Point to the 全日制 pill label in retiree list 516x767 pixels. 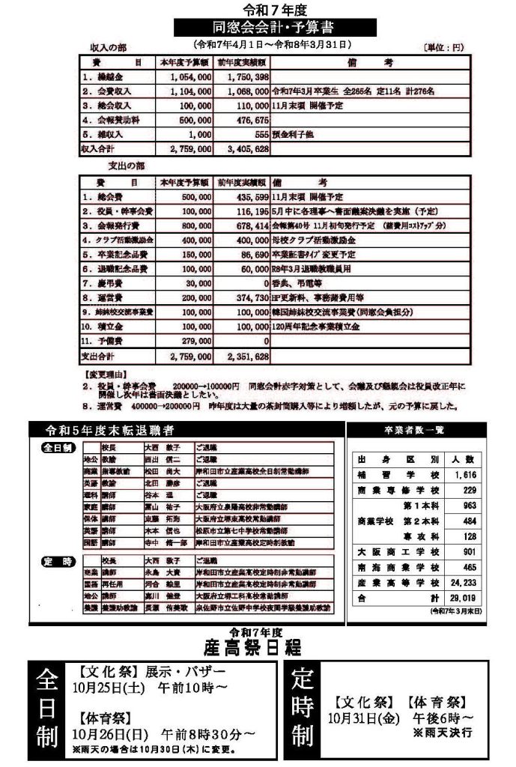[x=58, y=447]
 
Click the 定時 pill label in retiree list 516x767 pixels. [x=58, y=560]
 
